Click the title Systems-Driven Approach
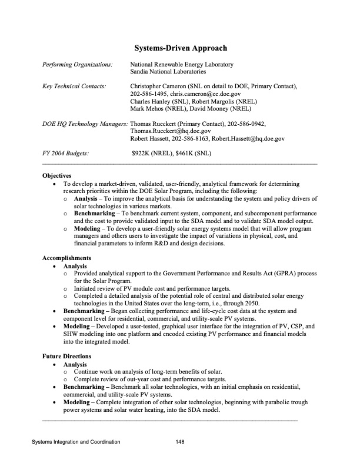[x=180, y=48]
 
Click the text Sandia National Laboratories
[x=168, y=71]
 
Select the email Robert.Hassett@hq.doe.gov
[x=249, y=139]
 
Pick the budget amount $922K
[x=142, y=154]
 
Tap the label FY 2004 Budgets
[x=65, y=154]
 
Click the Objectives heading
[x=56, y=175]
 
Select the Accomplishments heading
[x=66, y=258]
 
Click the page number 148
[x=180, y=441]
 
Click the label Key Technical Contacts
[x=74, y=86]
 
